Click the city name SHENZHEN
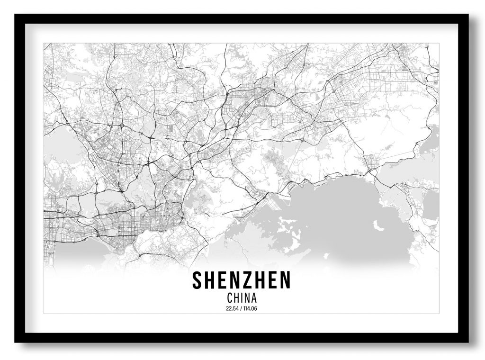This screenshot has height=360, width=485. click(x=241, y=280)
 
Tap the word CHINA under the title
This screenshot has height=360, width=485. click(x=242, y=298)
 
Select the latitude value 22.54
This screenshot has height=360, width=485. click(x=233, y=309)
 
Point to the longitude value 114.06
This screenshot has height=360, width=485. click(x=250, y=309)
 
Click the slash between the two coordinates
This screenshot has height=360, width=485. click(x=241, y=309)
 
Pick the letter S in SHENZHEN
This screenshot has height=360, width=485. click(x=197, y=280)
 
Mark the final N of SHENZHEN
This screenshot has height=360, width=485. click(x=285, y=280)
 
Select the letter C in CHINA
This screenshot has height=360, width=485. click(x=230, y=298)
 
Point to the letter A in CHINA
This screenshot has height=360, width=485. click(x=254, y=298)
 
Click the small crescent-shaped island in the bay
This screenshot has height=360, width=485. click(x=377, y=225)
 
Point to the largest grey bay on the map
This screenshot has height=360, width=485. click(x=341, y=213)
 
